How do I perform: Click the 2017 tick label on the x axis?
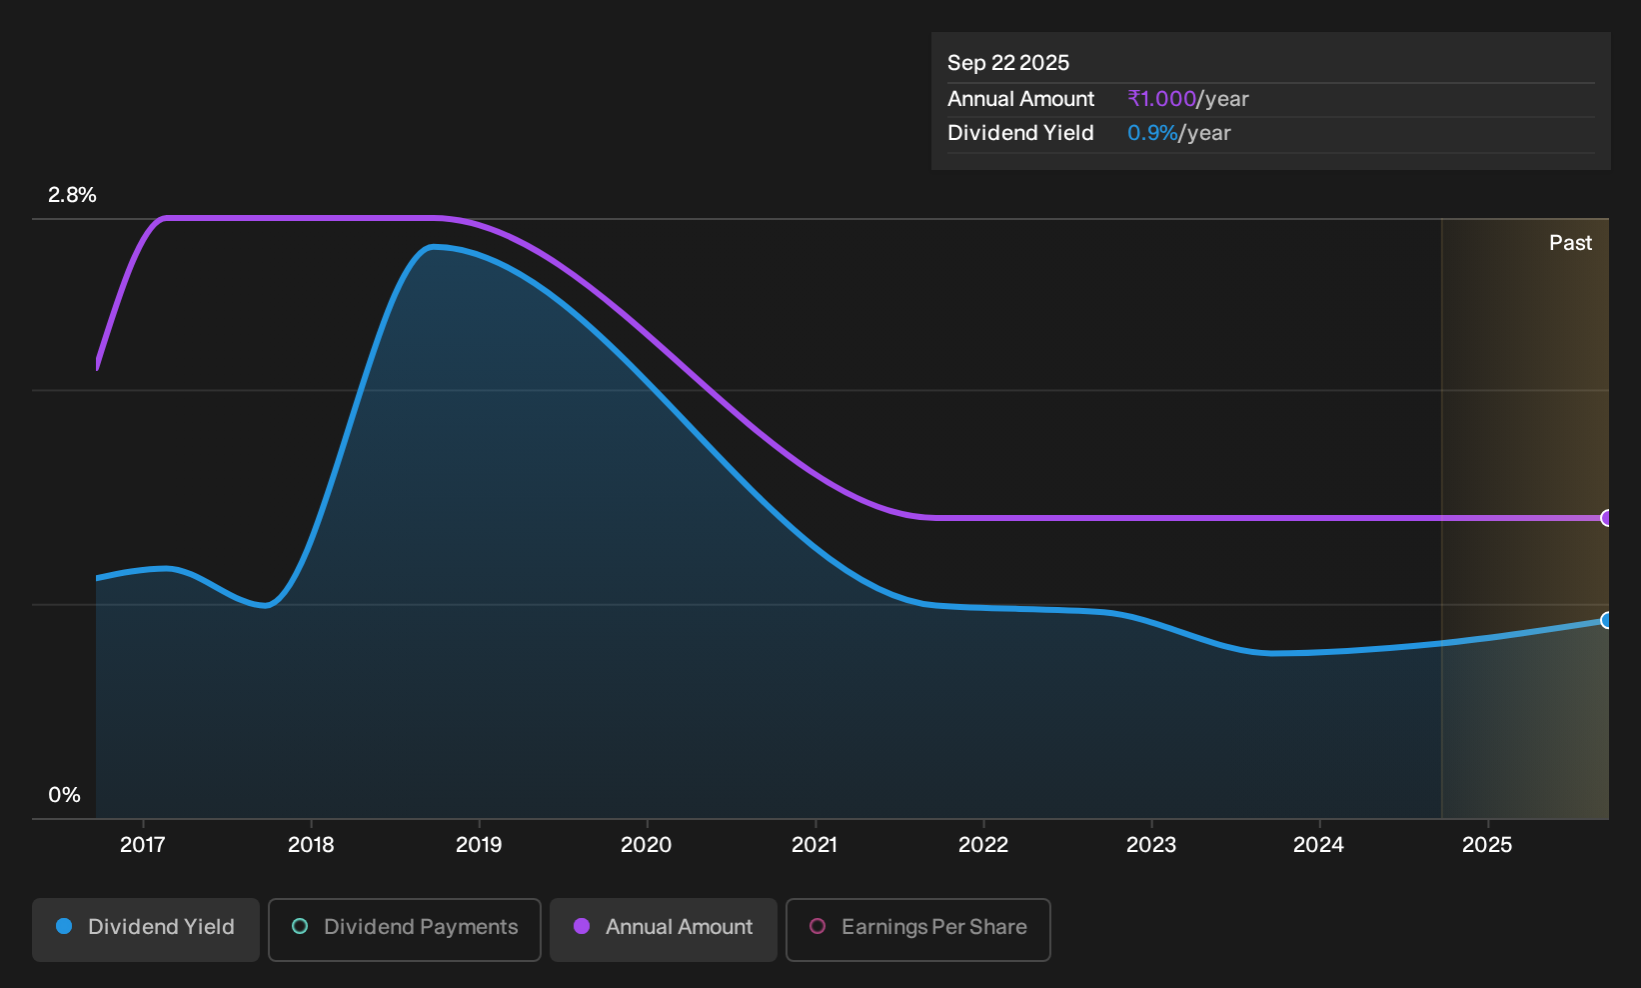143,845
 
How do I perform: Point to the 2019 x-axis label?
479,845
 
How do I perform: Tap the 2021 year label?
815,845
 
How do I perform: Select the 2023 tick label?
1151,845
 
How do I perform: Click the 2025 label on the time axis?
1487,845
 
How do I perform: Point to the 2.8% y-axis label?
72,195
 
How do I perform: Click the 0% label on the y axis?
65,795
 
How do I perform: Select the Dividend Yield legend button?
146,929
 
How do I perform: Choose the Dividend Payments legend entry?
405,929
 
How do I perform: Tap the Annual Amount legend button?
663,929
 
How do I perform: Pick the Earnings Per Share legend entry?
917,929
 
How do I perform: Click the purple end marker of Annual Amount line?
1606,518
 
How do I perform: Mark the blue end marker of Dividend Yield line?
1606,620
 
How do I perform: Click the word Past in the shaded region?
1570,243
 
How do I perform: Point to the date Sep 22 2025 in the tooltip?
1008,63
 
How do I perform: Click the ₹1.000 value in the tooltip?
1162,98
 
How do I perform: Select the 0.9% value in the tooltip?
1152,133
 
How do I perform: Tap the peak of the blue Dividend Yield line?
434,247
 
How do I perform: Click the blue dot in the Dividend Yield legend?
65,926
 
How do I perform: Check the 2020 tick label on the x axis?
647,845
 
